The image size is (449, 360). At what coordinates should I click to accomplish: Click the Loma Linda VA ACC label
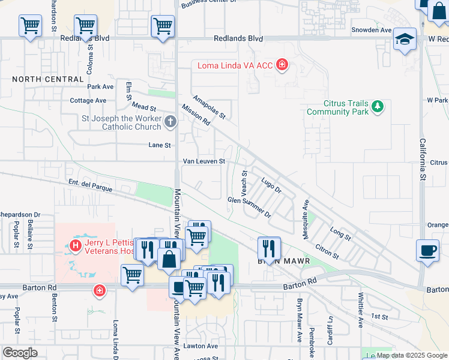(232, 65)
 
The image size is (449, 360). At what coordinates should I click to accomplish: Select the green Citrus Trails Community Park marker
(377, 107)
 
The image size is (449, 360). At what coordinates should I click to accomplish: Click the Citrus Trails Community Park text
(337, 107)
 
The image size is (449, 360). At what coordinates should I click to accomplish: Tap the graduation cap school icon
(405, 40)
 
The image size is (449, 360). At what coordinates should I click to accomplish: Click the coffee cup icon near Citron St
(427, 250)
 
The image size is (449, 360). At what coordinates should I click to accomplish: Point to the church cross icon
(170, 122)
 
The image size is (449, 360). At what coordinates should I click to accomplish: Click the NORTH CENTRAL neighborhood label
(47, 79)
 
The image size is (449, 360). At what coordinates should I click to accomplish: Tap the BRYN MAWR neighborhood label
(277, 262)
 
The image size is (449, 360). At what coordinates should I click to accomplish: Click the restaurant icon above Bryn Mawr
(269, 247)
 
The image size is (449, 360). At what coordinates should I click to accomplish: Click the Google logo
(20, 353)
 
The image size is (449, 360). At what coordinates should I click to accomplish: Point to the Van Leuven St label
(204, 161)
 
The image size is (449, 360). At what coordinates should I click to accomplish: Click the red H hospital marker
(76, 245)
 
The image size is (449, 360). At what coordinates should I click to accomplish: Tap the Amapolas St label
(208, 106)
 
